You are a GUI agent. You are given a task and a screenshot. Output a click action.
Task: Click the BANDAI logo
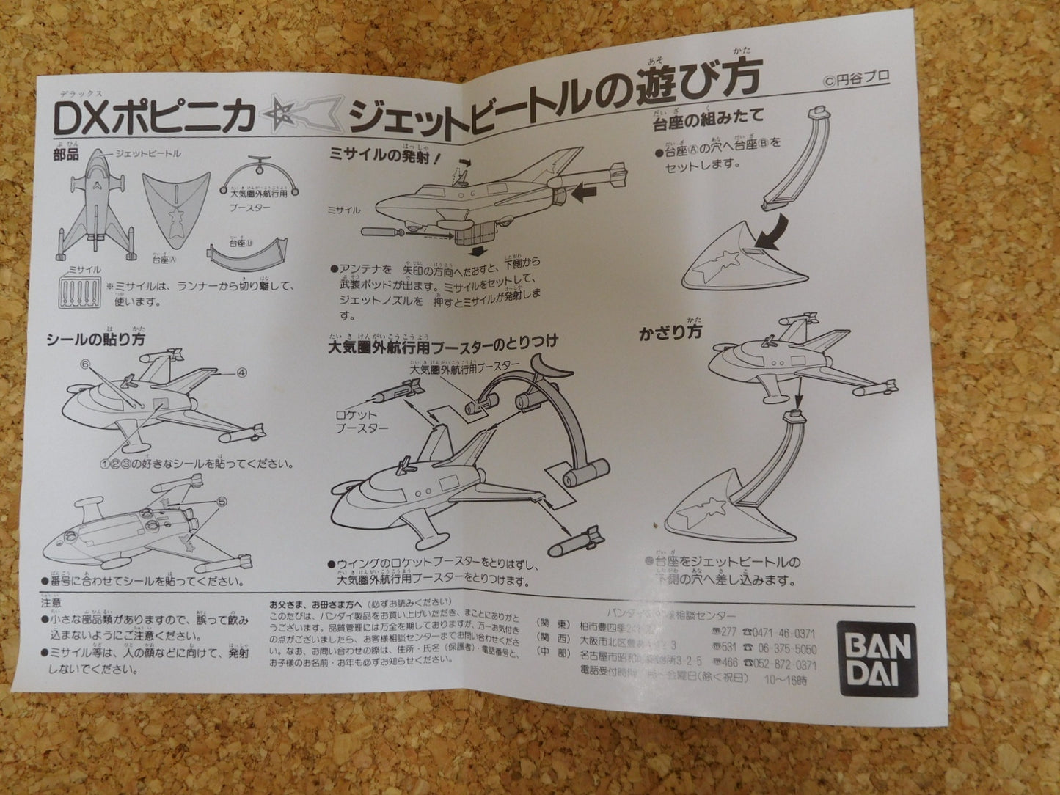tap(877, 660)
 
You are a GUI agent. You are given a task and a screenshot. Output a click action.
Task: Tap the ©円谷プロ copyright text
tap(855, 82)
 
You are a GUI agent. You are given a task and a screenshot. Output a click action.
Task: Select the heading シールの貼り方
tap(95, 339)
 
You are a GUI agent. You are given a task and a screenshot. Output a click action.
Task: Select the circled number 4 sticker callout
tap(242, 373)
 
